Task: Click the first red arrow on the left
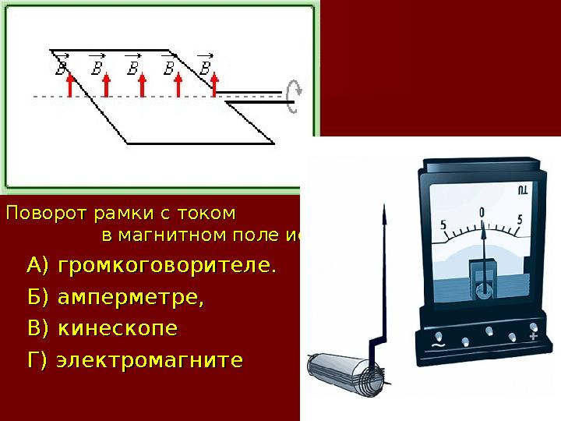pyautogui.click(x=69, y=84)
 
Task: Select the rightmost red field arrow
pyautogui.click(x=215, y=84)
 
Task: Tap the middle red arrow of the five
pyautogui.click(x=143, y=84)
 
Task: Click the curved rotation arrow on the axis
pyautogui.click(x=294, y=95)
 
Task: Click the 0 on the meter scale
pyautogui.click(x=482, y=212)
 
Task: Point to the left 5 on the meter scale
pyautogui.click(x=443, y=226)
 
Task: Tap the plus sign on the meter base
pyautogui.click(x=533, y=336)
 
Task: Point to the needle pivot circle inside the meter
pyautogui.click(x=483, y=292)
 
